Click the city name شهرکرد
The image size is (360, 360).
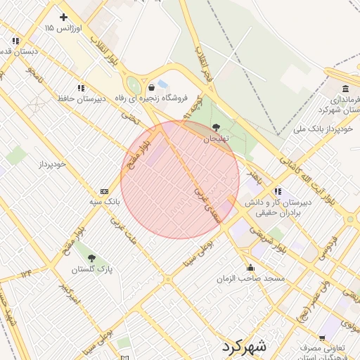[243, 346]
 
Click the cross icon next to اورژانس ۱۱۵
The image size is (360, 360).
[63, 16]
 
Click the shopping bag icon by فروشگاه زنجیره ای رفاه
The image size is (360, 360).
[152, 87]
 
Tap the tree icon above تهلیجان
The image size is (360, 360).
[215, 127]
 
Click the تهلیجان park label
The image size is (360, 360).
[216, 139]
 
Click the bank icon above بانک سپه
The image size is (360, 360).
[104, 191]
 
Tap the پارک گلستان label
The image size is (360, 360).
[90, 269]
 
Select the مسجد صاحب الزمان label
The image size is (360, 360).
[251, 279]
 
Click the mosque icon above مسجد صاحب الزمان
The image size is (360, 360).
[251, 268]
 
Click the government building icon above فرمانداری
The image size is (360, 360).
[345, 89]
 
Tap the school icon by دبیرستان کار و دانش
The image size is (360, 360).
[278, 191]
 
